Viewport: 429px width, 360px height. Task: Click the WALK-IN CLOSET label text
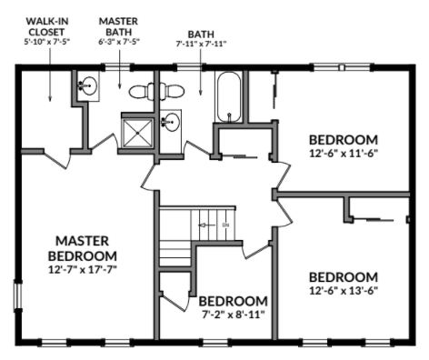47,26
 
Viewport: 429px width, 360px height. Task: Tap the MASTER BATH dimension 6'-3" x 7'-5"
119,42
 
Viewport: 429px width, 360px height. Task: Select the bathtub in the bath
229,96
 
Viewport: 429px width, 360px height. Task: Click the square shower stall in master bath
137,133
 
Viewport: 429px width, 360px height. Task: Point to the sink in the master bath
88,85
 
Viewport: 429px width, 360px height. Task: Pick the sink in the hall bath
170,122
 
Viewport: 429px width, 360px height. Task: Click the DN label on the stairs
225,225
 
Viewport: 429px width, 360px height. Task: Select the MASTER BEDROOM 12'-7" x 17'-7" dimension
83,269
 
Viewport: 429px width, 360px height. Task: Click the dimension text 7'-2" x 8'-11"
234,315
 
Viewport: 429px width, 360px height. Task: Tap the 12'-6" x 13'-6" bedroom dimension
344,291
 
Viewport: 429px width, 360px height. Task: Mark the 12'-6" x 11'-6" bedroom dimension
344,154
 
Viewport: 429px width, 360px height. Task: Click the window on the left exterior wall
18,296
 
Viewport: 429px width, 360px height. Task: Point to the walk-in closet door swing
57,160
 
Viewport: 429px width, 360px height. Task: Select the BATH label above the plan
201,34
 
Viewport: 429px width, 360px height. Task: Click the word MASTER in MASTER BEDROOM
83,241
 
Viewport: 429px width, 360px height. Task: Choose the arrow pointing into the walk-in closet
50,75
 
